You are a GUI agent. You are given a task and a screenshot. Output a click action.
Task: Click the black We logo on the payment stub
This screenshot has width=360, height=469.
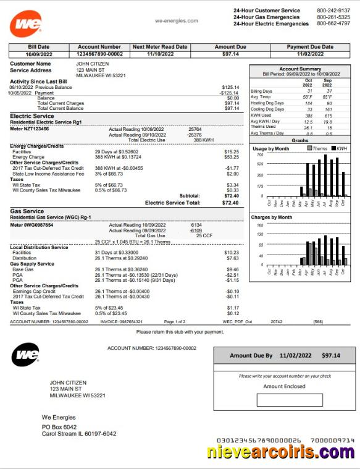tap(26, 355)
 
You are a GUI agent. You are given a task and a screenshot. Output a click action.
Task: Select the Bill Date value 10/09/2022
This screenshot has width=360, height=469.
tap(39, 54)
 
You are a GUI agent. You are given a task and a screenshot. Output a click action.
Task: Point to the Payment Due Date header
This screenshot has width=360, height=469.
tap(309, 47)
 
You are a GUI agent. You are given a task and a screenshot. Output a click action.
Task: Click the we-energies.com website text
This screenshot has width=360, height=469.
tap(177, 21)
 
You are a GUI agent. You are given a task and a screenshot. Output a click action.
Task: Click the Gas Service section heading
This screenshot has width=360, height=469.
tap(27, 211)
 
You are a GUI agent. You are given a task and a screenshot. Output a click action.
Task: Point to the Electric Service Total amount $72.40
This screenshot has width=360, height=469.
tap(230, 203)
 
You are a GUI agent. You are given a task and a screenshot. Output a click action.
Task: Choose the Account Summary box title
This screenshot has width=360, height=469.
tap(300, 69)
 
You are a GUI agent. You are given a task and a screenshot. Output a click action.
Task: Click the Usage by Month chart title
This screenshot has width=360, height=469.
tap(270, 149)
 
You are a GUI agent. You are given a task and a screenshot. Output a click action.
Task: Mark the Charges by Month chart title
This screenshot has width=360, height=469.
tap(272, 218)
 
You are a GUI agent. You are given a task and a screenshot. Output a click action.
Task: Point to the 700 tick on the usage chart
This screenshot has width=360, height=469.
tap(260, 155)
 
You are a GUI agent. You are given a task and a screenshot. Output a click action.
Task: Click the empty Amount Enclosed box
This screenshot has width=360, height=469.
tap(289, 400)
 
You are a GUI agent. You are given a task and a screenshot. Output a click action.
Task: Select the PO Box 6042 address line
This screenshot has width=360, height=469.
tap(59, 427)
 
